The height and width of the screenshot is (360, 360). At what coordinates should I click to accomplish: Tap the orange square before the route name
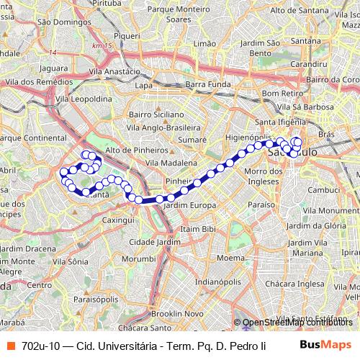point(10,346)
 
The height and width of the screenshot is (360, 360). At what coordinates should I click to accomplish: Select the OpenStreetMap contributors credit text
point(297,323)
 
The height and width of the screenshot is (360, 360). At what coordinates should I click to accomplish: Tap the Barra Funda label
point(206,85)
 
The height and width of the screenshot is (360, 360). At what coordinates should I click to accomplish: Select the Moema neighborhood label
point(230,257)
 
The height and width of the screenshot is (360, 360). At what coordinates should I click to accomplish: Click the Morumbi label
point(138,258)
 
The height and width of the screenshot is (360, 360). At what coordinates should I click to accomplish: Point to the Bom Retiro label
point(282,94)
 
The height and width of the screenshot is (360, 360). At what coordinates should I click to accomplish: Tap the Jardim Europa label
point(190,206)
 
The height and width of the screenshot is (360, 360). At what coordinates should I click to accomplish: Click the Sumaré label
point(193,136)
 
